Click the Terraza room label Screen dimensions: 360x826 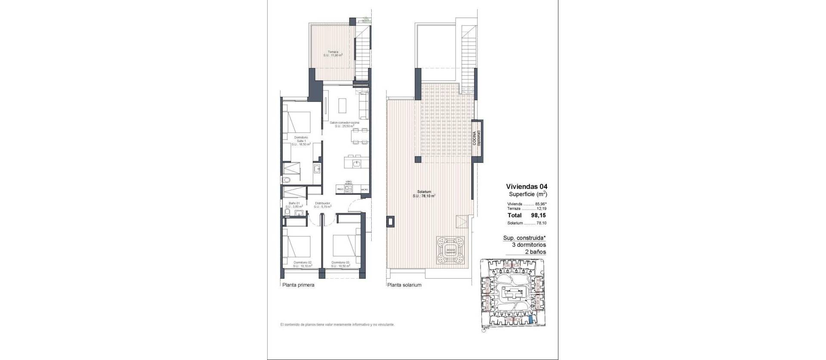333,54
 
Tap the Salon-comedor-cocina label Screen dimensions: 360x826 345,124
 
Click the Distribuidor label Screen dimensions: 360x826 322,205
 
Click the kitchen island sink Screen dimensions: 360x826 356,163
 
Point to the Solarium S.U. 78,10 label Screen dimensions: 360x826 424,194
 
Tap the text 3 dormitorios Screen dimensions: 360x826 529,245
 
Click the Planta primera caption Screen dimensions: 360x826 298,285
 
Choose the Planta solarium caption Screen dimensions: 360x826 404,285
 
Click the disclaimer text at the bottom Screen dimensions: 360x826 337,325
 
